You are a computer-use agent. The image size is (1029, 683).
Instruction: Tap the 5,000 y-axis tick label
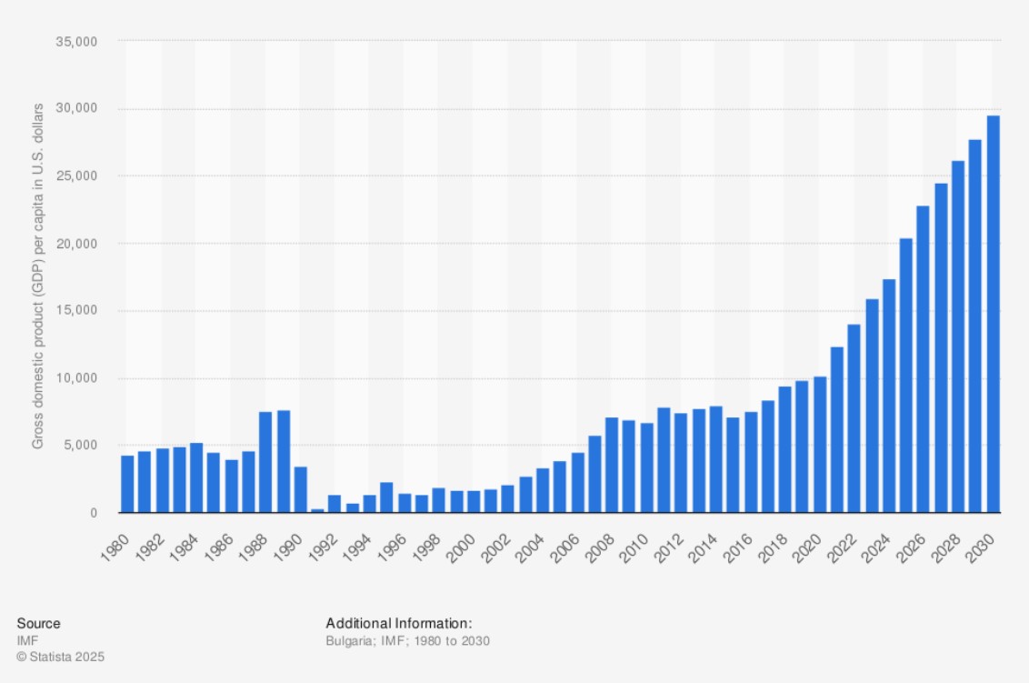pos(81,446)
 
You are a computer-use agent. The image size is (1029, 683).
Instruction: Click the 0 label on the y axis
pos(93,513)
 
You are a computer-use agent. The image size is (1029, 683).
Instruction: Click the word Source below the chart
pos(38,623)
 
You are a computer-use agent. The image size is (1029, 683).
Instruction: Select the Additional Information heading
pos(399,623)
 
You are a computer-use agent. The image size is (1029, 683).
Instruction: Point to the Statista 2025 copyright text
pos(60,656)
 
